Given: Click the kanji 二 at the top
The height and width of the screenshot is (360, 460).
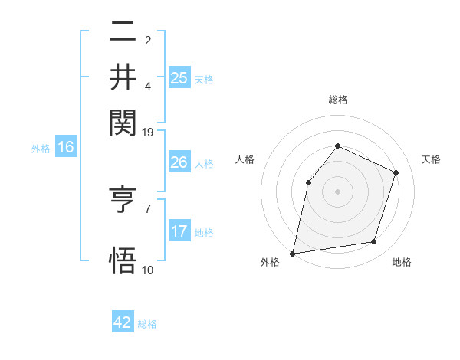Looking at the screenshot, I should tap(123, 32).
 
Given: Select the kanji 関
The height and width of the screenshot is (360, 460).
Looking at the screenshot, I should tap(123, 122).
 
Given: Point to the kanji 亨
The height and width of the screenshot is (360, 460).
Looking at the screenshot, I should tap(123, 201).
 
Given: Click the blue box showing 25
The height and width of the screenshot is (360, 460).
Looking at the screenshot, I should tap(179, 77).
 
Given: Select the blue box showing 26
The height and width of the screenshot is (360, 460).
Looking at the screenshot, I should tap(179, 162).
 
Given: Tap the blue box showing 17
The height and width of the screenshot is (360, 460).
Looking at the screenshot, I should tap(179, 231).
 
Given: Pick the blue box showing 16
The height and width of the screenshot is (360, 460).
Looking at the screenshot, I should tap(66, 148).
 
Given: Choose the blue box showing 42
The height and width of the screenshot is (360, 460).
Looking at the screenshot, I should tap(123, 322).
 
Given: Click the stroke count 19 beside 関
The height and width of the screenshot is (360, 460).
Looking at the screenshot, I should tap(148, 132).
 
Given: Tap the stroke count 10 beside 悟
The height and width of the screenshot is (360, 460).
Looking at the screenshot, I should tap(147, 270).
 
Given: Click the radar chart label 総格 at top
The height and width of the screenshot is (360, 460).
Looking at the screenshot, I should tap(337, 100).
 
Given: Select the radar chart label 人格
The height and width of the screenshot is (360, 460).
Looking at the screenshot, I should tap(245, 159).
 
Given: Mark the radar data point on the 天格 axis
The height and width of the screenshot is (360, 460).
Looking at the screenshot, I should tap(396, 172).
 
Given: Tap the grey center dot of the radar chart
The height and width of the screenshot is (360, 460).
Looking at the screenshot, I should tap(337, 191).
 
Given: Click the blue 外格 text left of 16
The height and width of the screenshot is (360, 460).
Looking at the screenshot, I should tap(41, 149).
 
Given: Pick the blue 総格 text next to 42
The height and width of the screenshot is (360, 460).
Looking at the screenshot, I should tap(147, 324).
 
